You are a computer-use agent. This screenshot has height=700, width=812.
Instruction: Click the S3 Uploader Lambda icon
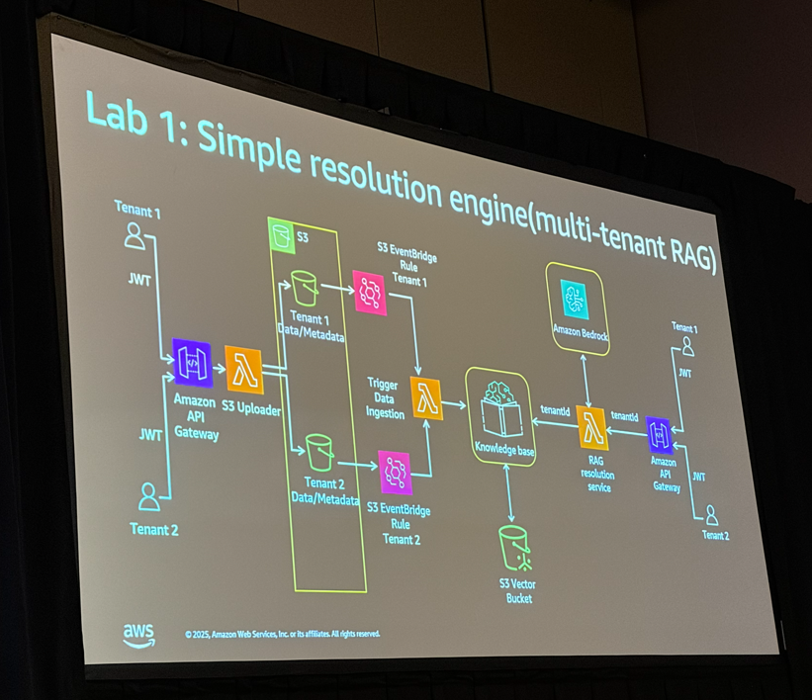pyautogui.click(x=243, y=370)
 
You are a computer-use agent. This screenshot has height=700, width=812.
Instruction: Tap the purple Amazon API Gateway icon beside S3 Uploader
pyautogui.click(x=191, y=362)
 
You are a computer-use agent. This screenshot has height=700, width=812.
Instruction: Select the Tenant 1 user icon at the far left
pyautogui.click(x=135, y=235)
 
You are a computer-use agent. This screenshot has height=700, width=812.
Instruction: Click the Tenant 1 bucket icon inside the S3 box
pyautogui.click(x=304, y=289)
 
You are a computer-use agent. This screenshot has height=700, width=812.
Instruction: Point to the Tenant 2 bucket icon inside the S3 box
pyautogui.click(x=317, y=452)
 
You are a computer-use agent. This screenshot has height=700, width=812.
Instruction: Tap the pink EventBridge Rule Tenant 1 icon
pyautogui.click(x=370, y=293)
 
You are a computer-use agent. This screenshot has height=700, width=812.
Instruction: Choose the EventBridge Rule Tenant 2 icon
pyautogui.click(x=395, y=473)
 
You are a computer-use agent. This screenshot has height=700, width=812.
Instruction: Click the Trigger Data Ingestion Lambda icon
pyautogui.click(x=426, y=398)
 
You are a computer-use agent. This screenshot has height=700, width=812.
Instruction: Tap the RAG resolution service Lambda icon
pyautogui.click(x=591, y=429)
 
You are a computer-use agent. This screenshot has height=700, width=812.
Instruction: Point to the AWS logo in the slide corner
pyautogui.click(x=138, y=634)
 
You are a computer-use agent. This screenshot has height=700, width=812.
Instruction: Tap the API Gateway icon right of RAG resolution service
pyautogui.click(x=660, y=435)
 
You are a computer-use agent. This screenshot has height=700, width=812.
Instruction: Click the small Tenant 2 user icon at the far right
pyautogui.click(x=711, y=515)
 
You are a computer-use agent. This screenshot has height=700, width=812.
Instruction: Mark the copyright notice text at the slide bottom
pyautogui.click(x=282, y=633)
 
